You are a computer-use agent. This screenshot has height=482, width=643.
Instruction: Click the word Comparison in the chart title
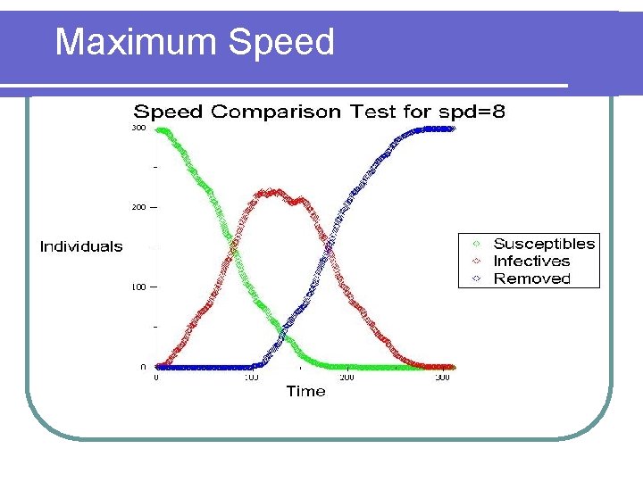click(x=277, y=112)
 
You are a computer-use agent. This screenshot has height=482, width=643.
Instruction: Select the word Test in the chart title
click(x=374, y=112)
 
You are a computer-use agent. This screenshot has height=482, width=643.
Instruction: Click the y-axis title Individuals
click(x=81, y=246)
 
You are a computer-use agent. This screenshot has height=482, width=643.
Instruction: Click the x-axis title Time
click(x=305, y=391)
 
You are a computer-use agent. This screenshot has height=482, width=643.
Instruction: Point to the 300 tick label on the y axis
click(x=138, y=129)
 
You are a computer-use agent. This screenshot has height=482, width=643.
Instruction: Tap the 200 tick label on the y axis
click(x=138, y=207)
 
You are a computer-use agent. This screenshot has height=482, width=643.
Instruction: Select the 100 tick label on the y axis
click(x=138, y=287)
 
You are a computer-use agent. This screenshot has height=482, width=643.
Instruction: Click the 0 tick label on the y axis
click(x=143, y=367)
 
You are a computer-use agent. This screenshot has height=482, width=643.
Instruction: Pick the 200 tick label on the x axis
click(x=347, y=378)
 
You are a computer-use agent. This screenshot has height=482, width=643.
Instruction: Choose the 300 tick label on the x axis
click(x=441, y=378)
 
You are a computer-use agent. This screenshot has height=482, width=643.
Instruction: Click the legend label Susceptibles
click(x=544, y=244)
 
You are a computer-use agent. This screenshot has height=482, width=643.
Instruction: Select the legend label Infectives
click(x=531, y=261)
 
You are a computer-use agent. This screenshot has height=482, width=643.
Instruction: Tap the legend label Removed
click(x=531, y=278)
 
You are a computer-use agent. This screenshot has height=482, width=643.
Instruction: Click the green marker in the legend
click(x=476, y=244)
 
